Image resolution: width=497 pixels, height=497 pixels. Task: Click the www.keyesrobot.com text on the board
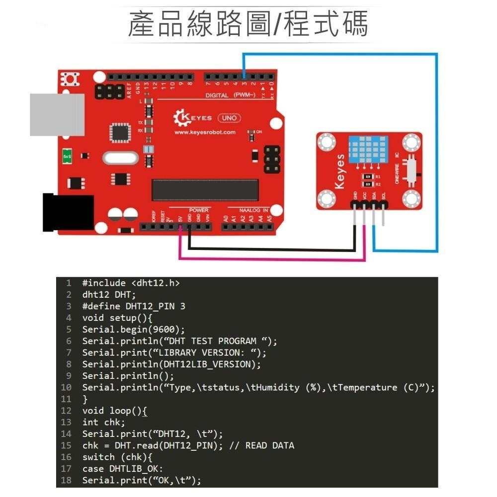(x=205, y=133)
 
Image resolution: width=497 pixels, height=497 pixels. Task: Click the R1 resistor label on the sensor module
(x=378, y=176)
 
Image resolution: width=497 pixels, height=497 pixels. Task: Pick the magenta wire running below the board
(x=271, y=258)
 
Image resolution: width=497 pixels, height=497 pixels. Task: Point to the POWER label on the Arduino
(x=199, y=210)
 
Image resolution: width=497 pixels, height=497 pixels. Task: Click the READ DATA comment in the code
(x=269, y=445)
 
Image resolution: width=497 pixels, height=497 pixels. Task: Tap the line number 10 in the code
(x=66, y=387)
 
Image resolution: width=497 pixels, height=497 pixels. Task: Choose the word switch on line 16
(x=98, y=457)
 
